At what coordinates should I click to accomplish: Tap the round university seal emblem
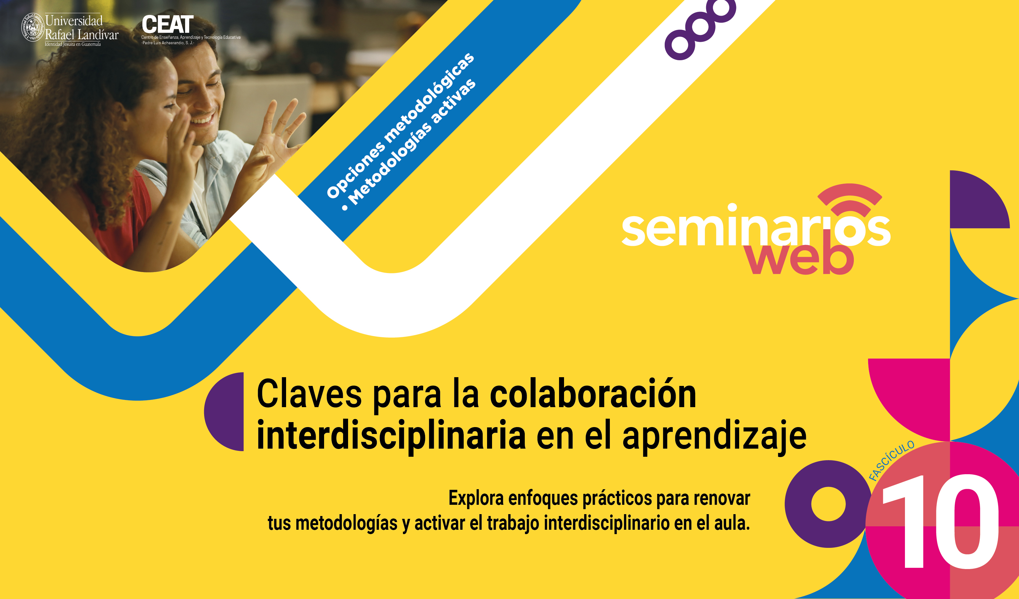[32, 27]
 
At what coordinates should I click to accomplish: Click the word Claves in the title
[309, 393]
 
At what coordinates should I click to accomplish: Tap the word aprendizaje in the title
[715, 437]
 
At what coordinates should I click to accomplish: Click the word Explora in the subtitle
[476, 498]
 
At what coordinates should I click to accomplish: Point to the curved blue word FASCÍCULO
[891, 460]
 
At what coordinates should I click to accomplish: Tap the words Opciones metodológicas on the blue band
[400, 125]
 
